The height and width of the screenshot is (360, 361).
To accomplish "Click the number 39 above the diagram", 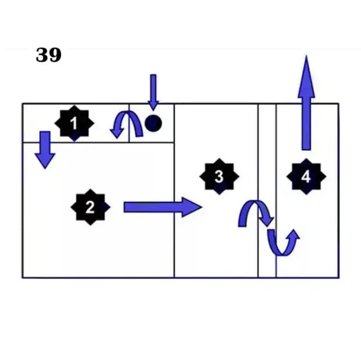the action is tap(49, 55).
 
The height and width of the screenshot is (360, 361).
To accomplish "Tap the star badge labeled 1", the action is tap(74, 124).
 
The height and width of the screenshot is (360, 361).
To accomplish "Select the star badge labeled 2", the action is tap(90, 207).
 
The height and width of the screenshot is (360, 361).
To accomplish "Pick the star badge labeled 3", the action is tap(219, 176).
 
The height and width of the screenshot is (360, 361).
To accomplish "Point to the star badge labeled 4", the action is tap(306, 176).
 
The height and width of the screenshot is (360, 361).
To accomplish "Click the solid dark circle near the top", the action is tap(154, 123).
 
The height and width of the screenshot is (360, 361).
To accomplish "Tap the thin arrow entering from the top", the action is tap(154, 93).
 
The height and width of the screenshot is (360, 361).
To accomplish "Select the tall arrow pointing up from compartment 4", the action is tap(306, 103).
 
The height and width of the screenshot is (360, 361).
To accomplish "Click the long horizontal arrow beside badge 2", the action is tap(163, 207).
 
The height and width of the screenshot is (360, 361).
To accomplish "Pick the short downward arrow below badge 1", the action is tap(45, 150).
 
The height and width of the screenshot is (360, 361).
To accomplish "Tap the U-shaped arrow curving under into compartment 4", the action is tap(284, 242).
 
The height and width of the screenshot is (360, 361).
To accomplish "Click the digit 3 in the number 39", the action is tap(42, 55).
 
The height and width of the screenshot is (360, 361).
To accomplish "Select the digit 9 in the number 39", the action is tap(55, 55).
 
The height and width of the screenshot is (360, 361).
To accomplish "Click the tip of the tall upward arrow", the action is tap(306, 55).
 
